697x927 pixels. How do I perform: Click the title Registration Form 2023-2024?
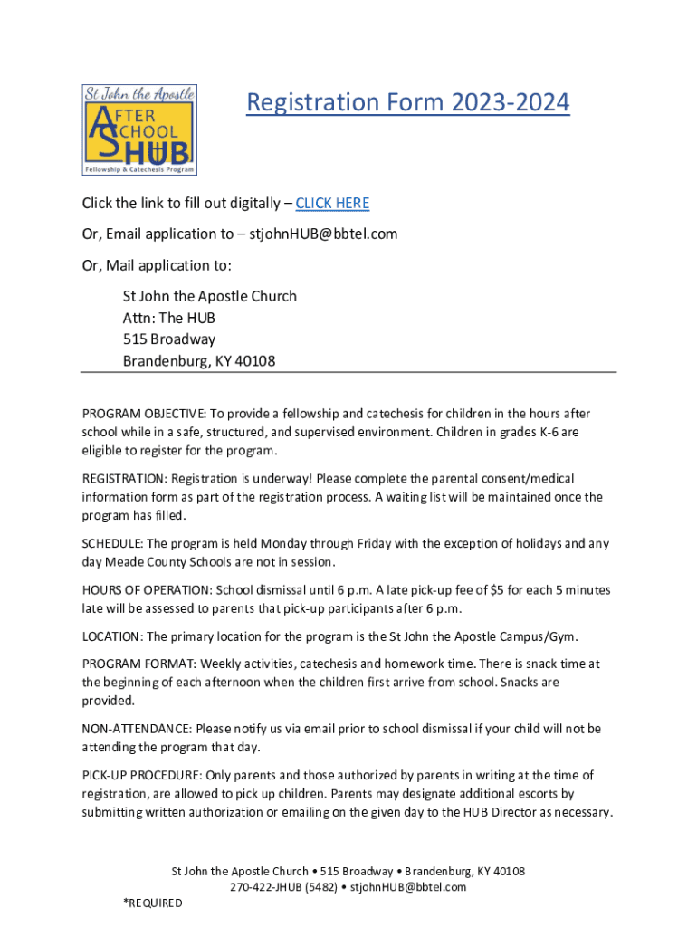(x=408, y=102)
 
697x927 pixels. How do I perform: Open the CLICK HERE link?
(x=332, y=203)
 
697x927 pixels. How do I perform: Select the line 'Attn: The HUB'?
(x=169, y=318)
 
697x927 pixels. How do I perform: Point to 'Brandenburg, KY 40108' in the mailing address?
(x=199, y=361)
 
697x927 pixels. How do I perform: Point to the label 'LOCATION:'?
(x=112, y=636)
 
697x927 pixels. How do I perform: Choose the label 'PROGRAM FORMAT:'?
(x=132, y=664)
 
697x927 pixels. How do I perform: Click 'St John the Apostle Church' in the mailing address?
(x=210, y=296)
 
